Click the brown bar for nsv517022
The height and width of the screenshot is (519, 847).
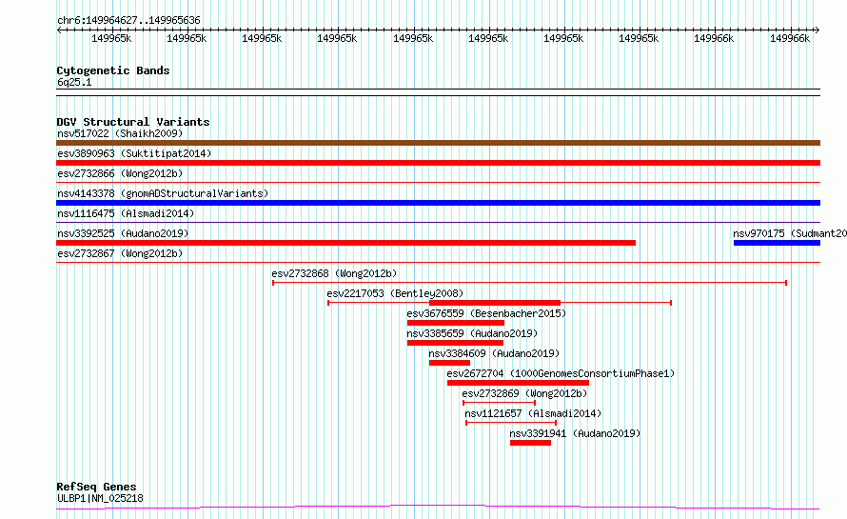438,143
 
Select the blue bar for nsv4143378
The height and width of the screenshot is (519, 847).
438,203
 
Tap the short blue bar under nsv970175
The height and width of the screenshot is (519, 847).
777,243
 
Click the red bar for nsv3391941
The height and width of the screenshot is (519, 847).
530,443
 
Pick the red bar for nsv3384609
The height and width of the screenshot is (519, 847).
449,363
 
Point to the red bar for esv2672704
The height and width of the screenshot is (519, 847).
518,383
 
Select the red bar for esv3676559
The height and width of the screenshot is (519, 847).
456,323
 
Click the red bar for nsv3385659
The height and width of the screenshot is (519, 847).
455,343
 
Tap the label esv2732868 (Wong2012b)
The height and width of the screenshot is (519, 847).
334,273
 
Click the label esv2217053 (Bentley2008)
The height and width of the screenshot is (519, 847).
395,293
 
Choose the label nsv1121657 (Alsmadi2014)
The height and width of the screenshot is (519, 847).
533,413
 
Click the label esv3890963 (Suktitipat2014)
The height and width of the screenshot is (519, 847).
134,153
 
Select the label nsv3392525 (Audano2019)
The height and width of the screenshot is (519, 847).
123,233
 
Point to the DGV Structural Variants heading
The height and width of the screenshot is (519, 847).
133,122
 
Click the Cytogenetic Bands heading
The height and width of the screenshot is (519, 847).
113,70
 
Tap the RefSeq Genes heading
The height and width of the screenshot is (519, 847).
96,488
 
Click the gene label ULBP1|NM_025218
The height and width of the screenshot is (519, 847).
101,498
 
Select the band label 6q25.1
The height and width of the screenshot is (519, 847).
74,82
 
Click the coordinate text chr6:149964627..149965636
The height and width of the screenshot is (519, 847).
129,21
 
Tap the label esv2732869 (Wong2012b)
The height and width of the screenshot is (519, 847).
524,393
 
